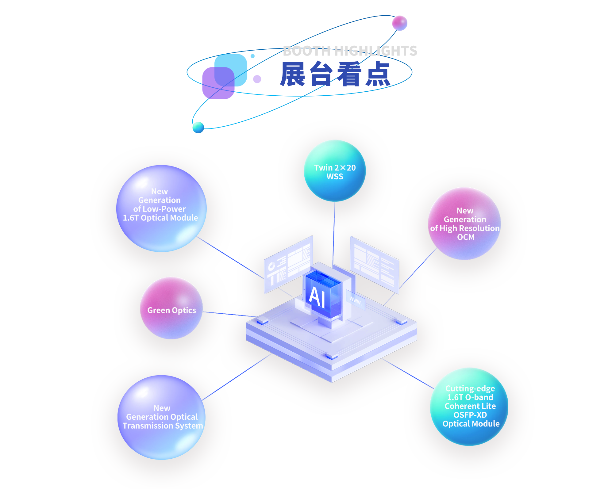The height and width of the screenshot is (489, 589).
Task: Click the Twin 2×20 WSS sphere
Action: (335, 171)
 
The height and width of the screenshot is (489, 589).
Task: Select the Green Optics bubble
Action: (171, 308)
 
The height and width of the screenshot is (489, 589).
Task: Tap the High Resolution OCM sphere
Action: (464, 223)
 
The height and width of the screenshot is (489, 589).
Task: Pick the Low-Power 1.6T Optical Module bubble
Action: (161, 208)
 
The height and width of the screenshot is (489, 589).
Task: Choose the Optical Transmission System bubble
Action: (161, 417)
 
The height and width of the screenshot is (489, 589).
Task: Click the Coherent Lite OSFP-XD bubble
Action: (469, 407)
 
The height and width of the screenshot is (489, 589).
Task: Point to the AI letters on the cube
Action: (317, 297)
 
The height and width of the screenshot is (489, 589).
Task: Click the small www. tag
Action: (356, 301)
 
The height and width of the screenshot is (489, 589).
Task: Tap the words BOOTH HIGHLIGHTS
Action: (350, 51)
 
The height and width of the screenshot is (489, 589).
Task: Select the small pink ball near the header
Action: (400, 23)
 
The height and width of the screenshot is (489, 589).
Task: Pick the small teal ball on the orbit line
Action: (198, 127)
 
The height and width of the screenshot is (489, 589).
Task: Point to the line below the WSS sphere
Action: (334, 233)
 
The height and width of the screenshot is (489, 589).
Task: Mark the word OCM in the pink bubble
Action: (466, 237)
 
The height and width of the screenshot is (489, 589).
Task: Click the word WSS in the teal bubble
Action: (335, 177)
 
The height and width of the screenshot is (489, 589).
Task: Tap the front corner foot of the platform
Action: (332, 357)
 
